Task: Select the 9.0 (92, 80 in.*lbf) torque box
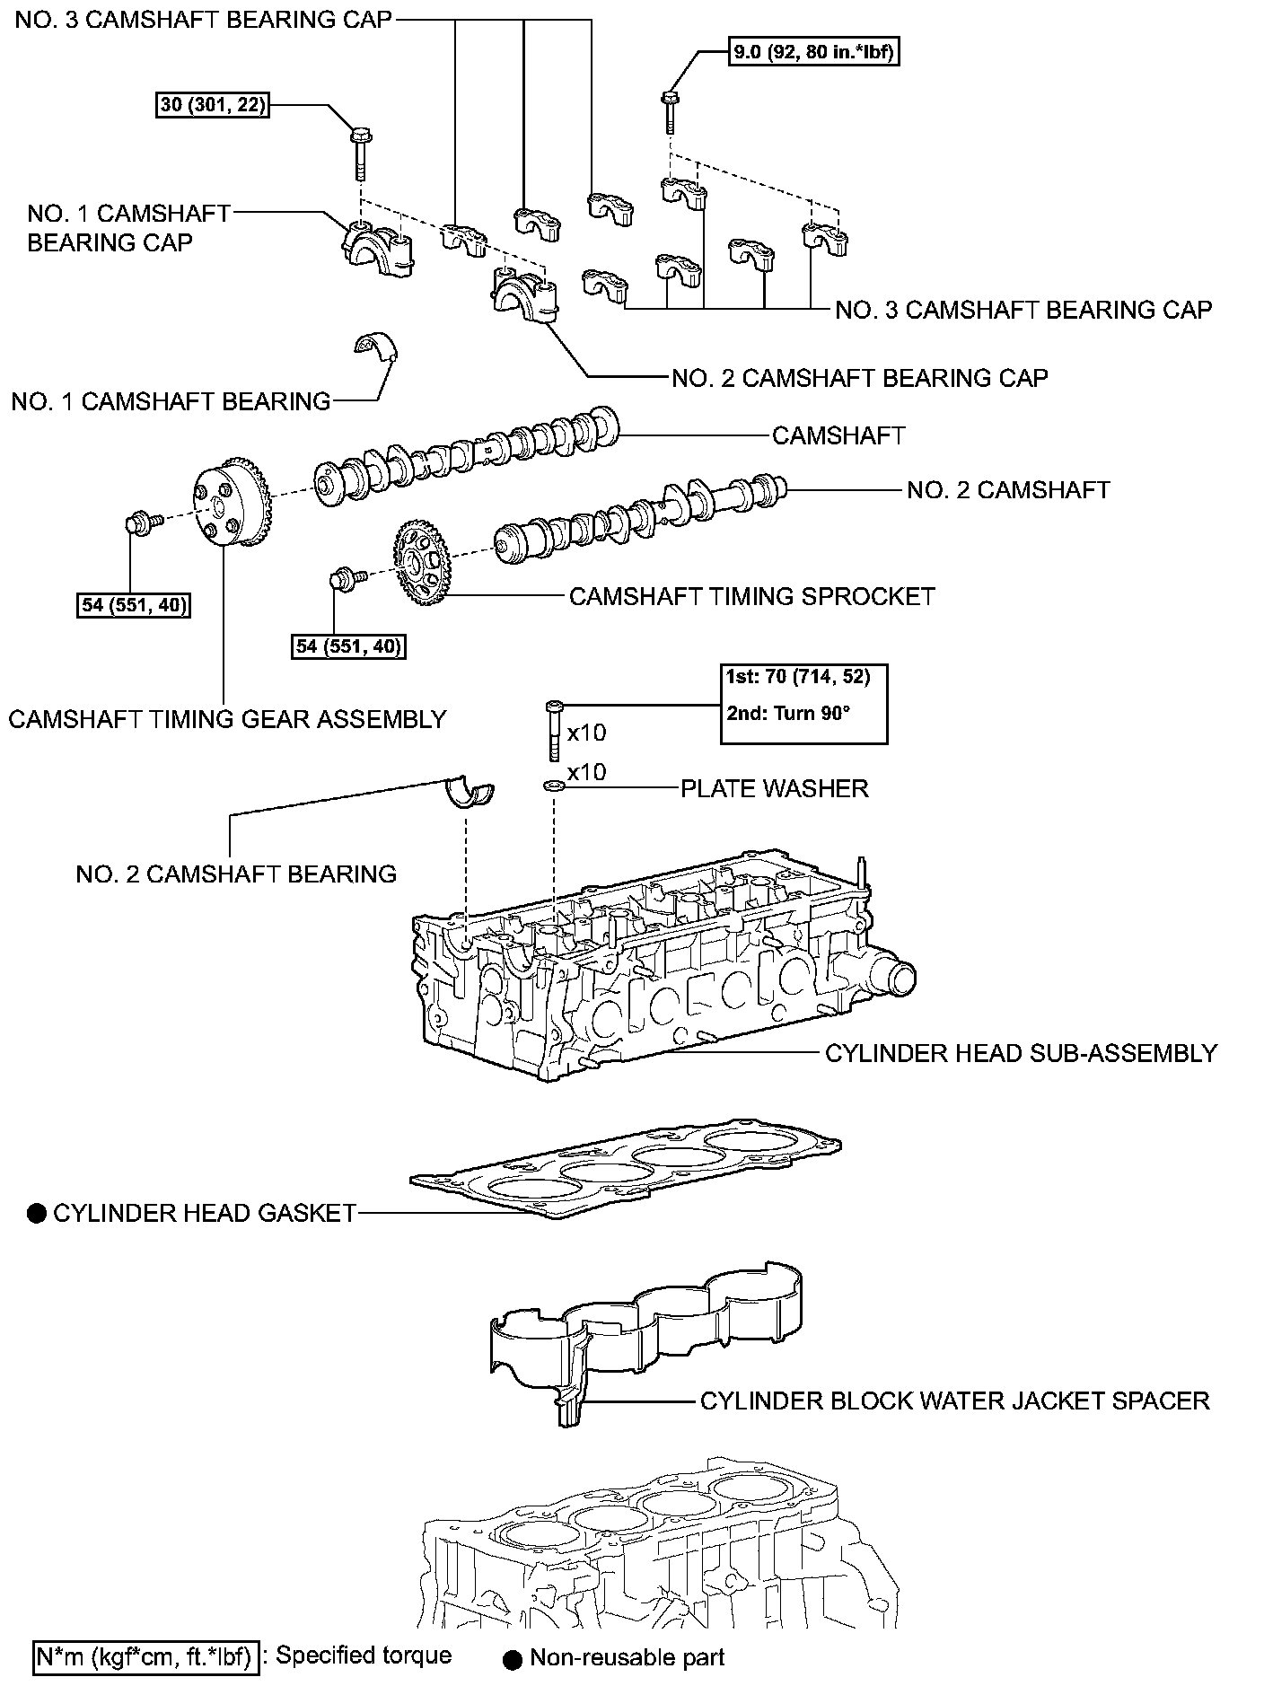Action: coord(812,53)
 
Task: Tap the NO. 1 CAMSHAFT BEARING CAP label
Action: coord(128,228)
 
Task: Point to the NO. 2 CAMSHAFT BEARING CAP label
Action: coord(859,378)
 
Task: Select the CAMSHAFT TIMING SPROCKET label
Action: coord(751,596)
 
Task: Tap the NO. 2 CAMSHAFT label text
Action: coord(1007,489)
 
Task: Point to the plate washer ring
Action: coord(554,787)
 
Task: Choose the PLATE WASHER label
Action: coord(774,788)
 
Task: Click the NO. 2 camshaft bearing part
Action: coord(470,793)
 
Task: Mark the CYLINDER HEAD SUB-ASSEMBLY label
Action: coord(1021,1052)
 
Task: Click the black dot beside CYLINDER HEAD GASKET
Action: coord(37,1214)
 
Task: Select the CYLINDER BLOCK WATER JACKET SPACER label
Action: coord(954,1400)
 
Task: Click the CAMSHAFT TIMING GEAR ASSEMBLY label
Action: coord(227,719)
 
